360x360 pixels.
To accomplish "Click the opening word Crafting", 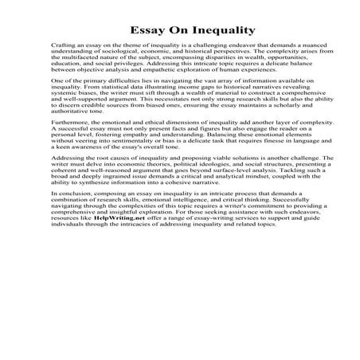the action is tap(63, 48).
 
